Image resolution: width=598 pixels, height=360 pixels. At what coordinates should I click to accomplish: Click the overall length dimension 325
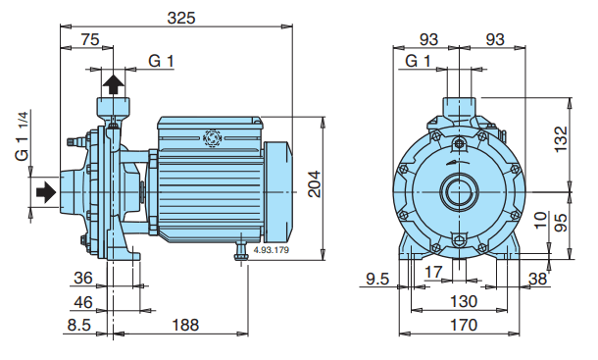180,17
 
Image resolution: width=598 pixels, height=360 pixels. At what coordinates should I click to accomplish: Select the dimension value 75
89,40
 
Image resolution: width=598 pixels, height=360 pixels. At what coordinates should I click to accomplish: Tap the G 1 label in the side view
161,61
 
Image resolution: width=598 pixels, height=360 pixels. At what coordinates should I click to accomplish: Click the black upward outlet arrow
114,82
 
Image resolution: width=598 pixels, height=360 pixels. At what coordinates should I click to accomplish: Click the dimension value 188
180,325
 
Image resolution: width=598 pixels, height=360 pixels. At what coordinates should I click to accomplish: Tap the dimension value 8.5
79,325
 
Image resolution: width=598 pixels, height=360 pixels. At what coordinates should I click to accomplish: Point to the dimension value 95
560,222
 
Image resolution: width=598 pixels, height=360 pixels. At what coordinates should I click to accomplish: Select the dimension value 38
536,280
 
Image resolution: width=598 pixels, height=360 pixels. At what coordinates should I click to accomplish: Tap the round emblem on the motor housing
212,139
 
